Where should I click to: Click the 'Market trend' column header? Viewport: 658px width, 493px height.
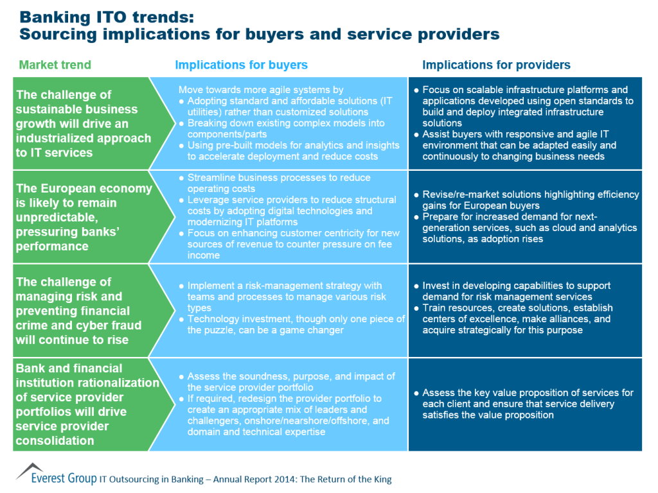55,65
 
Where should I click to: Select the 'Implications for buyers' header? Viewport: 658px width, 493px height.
241,65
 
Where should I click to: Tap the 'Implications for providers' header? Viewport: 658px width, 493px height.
496,65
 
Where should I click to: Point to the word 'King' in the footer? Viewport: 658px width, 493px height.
380,480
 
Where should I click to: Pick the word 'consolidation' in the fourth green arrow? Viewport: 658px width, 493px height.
55,440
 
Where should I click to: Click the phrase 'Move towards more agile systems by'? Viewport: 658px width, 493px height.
261,90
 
